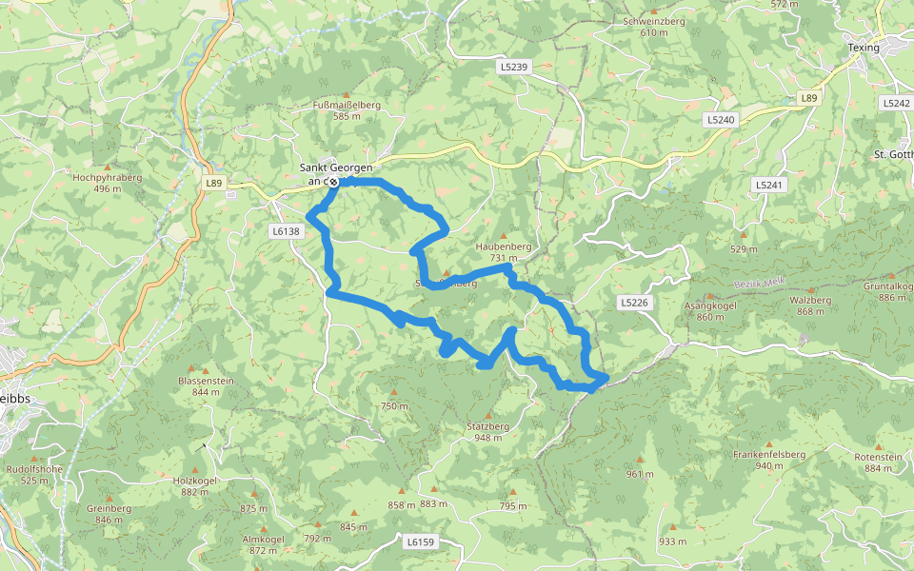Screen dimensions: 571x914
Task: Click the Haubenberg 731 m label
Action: (x=504, y=251)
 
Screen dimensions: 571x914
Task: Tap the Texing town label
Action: (x=864, y=48)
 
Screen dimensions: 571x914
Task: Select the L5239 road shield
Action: (x=512, y=68)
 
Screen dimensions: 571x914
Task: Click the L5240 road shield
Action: (x=722, y=120)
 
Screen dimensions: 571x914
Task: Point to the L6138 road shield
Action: (x=285, y=230)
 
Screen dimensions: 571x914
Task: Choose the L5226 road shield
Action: (x=633, y=303)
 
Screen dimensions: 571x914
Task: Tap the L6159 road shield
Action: (x=419, y=541)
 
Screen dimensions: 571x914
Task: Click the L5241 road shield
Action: (x=767, y=185)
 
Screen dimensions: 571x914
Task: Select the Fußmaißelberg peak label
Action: (x=347, y=109)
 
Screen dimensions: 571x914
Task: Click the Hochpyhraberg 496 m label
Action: (x=108, y=183)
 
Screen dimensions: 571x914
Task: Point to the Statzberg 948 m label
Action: (x=490, y=432)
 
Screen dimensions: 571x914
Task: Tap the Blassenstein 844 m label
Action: (x=206, y=385)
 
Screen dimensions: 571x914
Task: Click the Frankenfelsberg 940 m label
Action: (x=769, y=460)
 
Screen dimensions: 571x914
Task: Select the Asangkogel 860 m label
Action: (x=710, y=311)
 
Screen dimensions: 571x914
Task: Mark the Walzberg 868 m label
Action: (x=810, y=305)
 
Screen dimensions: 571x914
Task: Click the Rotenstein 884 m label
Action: (x=878, y=463)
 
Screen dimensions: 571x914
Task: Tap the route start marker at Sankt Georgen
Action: (x=333, y=181)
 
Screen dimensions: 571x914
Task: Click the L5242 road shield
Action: (x=896, y=103)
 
